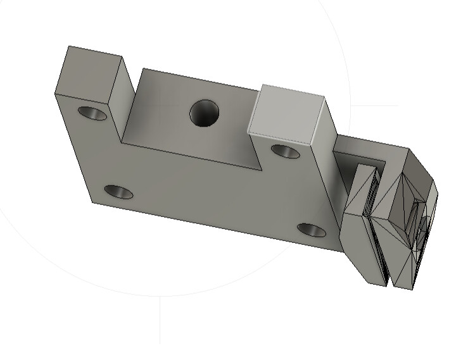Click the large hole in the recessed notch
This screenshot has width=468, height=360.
tap(205, 114)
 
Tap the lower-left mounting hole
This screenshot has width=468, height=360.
tap(118, 192)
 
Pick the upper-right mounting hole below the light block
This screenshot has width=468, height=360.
tap(285, 151)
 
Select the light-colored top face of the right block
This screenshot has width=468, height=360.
tap(288, 114)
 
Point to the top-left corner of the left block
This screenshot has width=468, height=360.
tap(68, 46)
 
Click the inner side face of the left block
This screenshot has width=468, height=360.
tap(121, 101)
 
